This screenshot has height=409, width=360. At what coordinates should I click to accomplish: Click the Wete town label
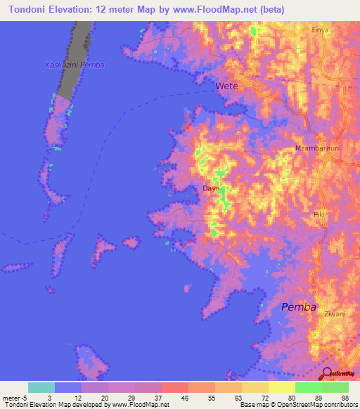tap(226, 86)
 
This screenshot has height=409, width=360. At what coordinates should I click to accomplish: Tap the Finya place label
tap(320, 31)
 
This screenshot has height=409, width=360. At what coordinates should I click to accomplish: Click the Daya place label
tap(211, 189)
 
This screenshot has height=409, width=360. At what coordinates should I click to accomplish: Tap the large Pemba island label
tap(298, 307)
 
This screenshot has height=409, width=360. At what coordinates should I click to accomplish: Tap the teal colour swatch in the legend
tap(41, 387)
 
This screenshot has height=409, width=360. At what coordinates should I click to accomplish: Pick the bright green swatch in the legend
tap(308, 387)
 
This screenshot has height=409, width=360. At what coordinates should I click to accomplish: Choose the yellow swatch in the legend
tap(281, 387)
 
